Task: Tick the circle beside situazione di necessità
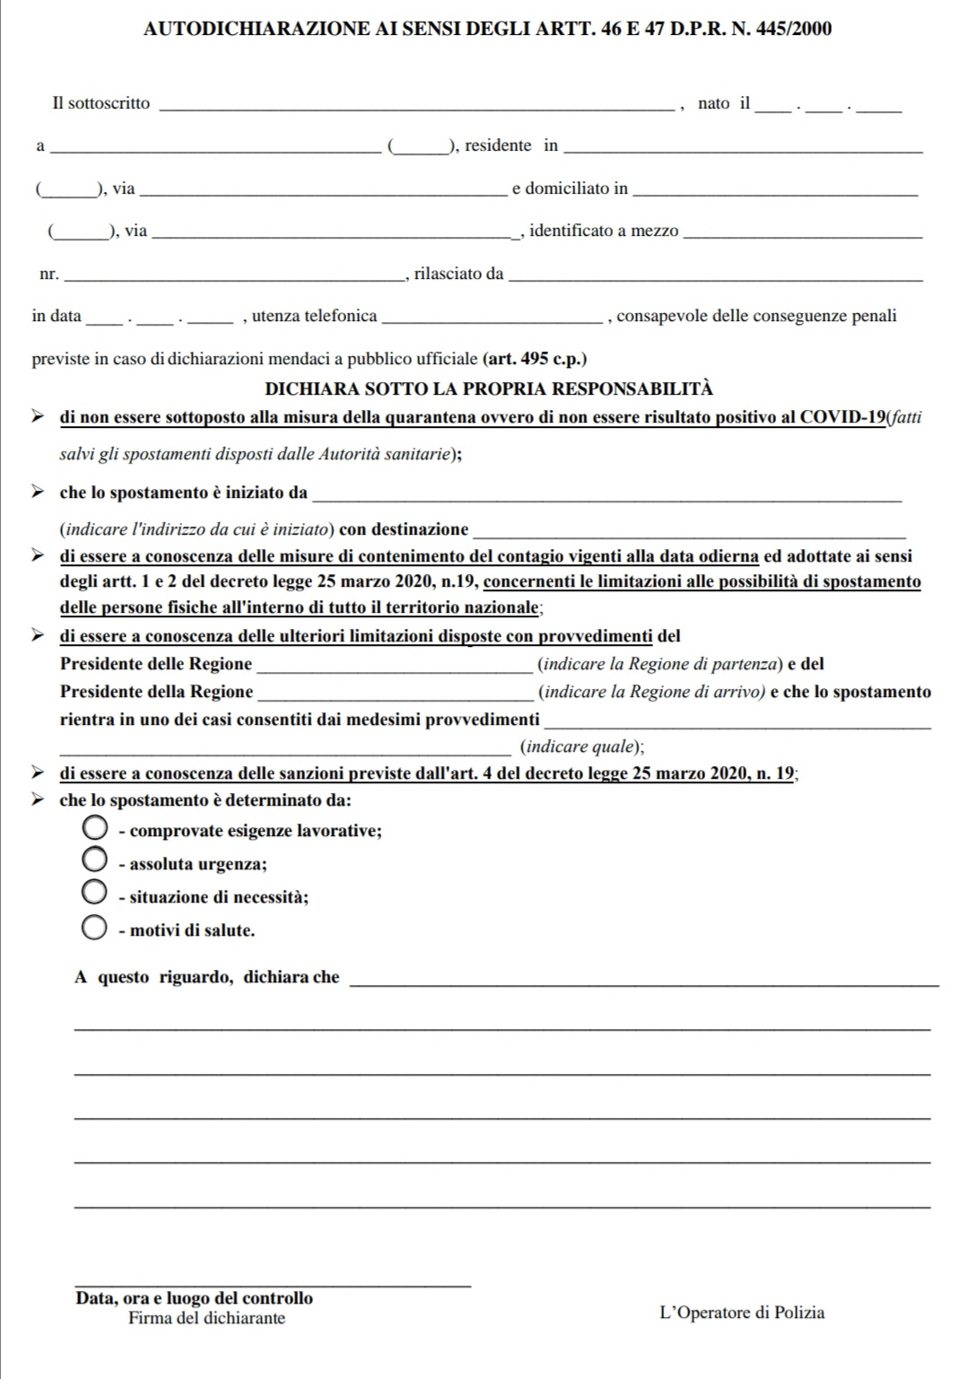coord(95,894)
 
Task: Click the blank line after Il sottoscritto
coord(415,106)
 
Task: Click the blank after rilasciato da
coord(715,276)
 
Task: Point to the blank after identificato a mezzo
coord(802,233)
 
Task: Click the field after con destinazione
coord(689,531)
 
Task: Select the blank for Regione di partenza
coord(395,667)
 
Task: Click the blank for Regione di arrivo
coord(395,694)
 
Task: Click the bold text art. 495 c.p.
coord(535,359)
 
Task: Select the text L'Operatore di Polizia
coord(742,1313)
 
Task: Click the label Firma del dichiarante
coord(206,1318)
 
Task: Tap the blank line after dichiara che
coord(642,981)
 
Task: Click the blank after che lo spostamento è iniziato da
coord(607,495)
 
